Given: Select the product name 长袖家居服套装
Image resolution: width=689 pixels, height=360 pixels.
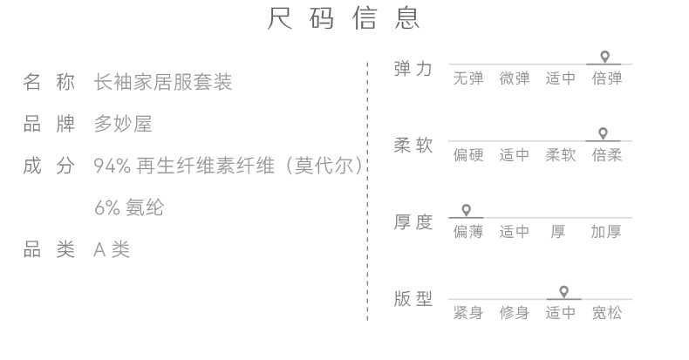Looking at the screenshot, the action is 163,83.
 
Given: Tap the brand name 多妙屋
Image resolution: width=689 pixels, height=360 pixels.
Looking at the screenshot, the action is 123,125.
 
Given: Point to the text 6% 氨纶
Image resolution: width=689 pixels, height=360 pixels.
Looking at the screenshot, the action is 128,208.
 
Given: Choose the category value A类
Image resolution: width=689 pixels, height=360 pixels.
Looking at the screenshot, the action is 112,250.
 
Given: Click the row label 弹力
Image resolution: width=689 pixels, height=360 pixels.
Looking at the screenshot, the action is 413,69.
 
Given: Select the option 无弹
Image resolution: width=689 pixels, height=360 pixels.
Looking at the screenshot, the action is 468,79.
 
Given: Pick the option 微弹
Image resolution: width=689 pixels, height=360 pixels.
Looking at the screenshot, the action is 515,79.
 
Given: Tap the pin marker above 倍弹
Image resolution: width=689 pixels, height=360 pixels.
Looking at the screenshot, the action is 604,57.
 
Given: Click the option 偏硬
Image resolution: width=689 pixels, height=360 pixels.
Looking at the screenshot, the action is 468,156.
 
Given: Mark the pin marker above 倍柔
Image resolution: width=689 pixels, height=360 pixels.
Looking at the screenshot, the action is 603,133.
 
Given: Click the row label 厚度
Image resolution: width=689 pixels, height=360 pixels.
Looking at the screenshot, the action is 413,222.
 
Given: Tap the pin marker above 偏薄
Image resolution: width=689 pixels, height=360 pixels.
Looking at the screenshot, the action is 467,210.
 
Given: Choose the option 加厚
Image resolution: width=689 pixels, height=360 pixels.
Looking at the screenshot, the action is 606,233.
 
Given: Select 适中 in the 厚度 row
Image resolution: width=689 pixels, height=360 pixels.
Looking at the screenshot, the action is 515,233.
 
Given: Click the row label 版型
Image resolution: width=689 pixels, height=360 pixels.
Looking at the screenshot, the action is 413,299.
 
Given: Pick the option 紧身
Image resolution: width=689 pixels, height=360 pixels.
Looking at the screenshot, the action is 468,313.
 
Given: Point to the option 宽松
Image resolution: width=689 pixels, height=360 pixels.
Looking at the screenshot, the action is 606,313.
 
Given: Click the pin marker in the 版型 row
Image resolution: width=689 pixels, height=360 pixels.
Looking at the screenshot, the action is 563,290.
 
